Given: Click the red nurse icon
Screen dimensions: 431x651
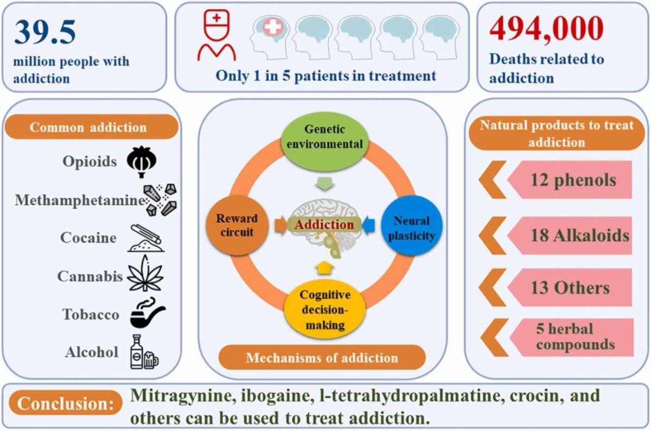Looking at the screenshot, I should (216, 36).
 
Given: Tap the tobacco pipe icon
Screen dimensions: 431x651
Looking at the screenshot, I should (146, 314).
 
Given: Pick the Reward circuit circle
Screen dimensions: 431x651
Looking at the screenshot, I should (237, 226).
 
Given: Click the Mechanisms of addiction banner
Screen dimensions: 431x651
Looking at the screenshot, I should (322, 358).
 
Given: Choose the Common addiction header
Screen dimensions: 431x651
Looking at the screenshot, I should (88, 128).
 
